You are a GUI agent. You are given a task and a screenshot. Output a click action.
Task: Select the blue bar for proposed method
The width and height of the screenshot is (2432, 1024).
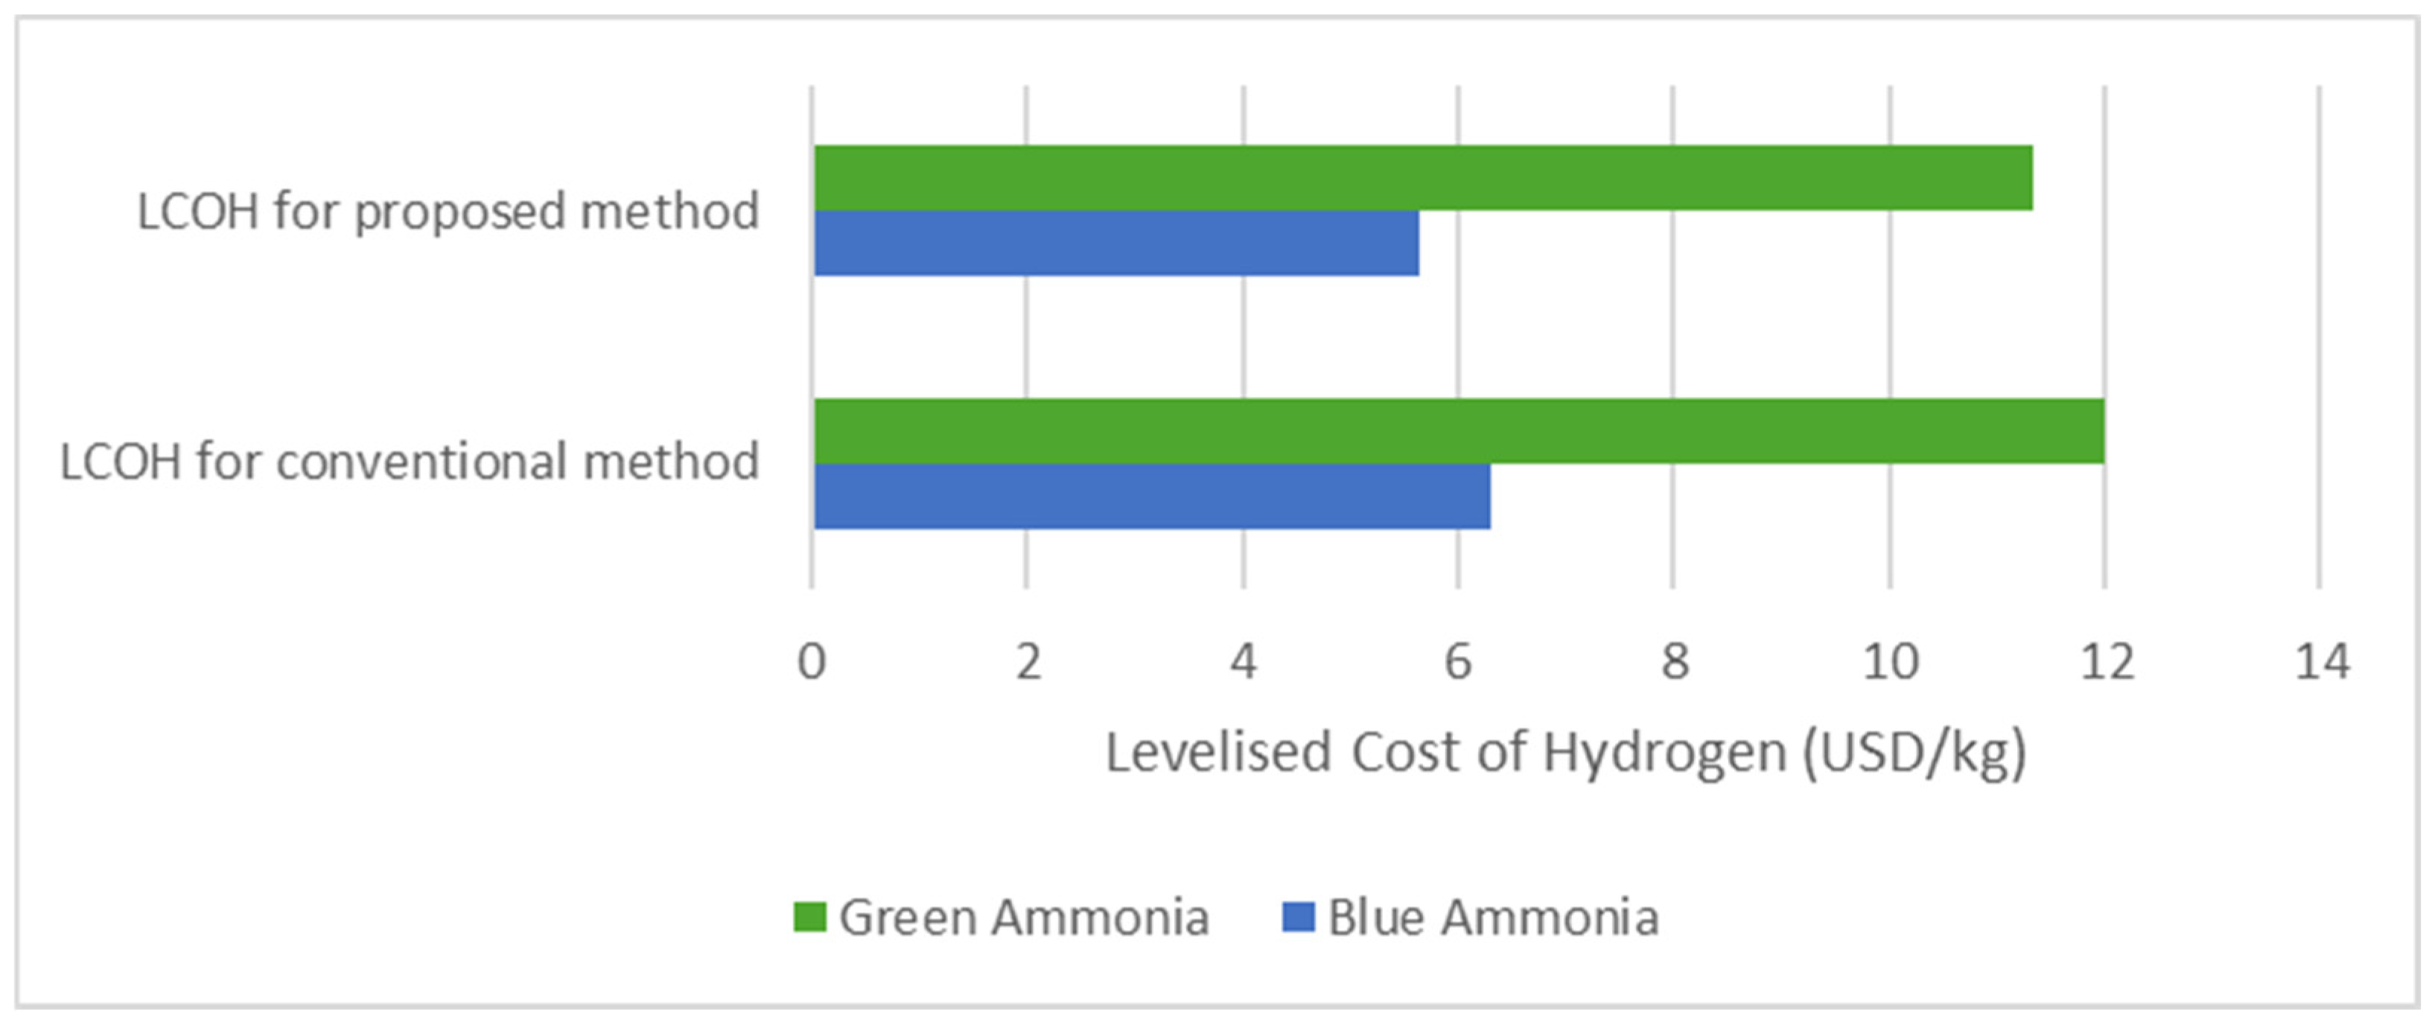click(1116, 243)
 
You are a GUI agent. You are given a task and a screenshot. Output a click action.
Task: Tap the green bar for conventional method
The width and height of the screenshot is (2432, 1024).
click(1459, 431)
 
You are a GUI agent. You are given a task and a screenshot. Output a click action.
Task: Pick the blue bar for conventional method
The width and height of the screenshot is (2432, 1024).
click(1152, 497)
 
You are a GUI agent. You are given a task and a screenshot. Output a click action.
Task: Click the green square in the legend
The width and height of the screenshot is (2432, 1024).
click(809, 917)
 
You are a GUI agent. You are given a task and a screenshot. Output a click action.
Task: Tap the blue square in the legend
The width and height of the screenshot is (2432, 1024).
click(1298, 917)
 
